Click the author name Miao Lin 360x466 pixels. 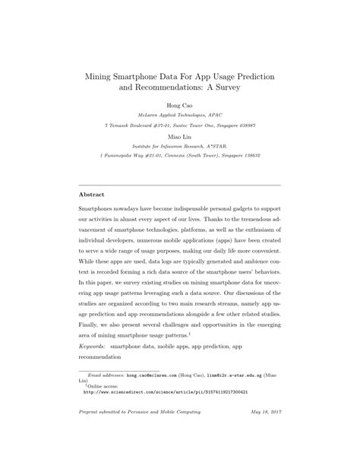179,138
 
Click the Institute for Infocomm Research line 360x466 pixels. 180,147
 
